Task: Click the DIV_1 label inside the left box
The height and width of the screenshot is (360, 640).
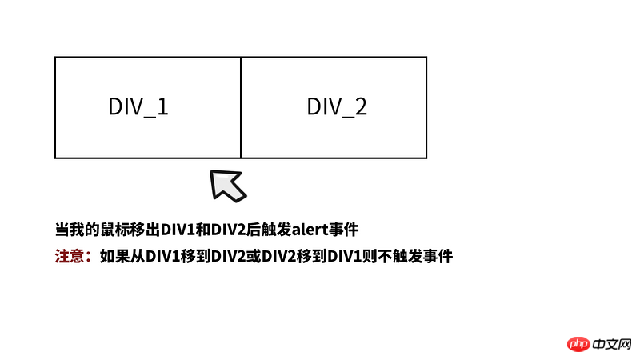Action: (x=138, y=107)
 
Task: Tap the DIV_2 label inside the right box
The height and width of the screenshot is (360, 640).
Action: (x=337, y=107)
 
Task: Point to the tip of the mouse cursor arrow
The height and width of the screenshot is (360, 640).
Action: (x=211, y=171)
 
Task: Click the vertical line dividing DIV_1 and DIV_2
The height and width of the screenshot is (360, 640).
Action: (x=241, y=108)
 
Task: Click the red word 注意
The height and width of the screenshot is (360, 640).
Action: (x=70, y=256)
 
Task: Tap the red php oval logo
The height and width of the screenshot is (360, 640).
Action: (x=578, y=345)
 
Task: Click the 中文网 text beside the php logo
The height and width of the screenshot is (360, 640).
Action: (x=612, y=345)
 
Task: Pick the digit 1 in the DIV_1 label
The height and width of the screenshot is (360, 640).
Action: (x=163, y=106)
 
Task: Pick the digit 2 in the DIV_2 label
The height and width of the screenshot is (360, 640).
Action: (x=361, y=106)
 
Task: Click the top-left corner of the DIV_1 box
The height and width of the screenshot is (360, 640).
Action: (x=55, y=57)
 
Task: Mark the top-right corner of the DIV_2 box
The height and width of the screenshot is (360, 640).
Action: (x=426, y=57)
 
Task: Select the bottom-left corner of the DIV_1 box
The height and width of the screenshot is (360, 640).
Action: (x=55, y=158)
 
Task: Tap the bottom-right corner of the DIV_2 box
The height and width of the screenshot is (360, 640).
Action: (x=426, y=158)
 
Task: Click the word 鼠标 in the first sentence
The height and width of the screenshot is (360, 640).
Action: (x=115, y=230)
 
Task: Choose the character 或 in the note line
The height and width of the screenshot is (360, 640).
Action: (x=254, y=256)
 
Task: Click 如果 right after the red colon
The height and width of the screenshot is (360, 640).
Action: (x=114, y=256)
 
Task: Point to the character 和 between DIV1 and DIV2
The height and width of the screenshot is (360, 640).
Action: (x=203, y=230)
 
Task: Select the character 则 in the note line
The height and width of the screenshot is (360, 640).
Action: (x=370, y=256)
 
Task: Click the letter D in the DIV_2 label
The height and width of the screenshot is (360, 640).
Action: (x=313, y=106)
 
